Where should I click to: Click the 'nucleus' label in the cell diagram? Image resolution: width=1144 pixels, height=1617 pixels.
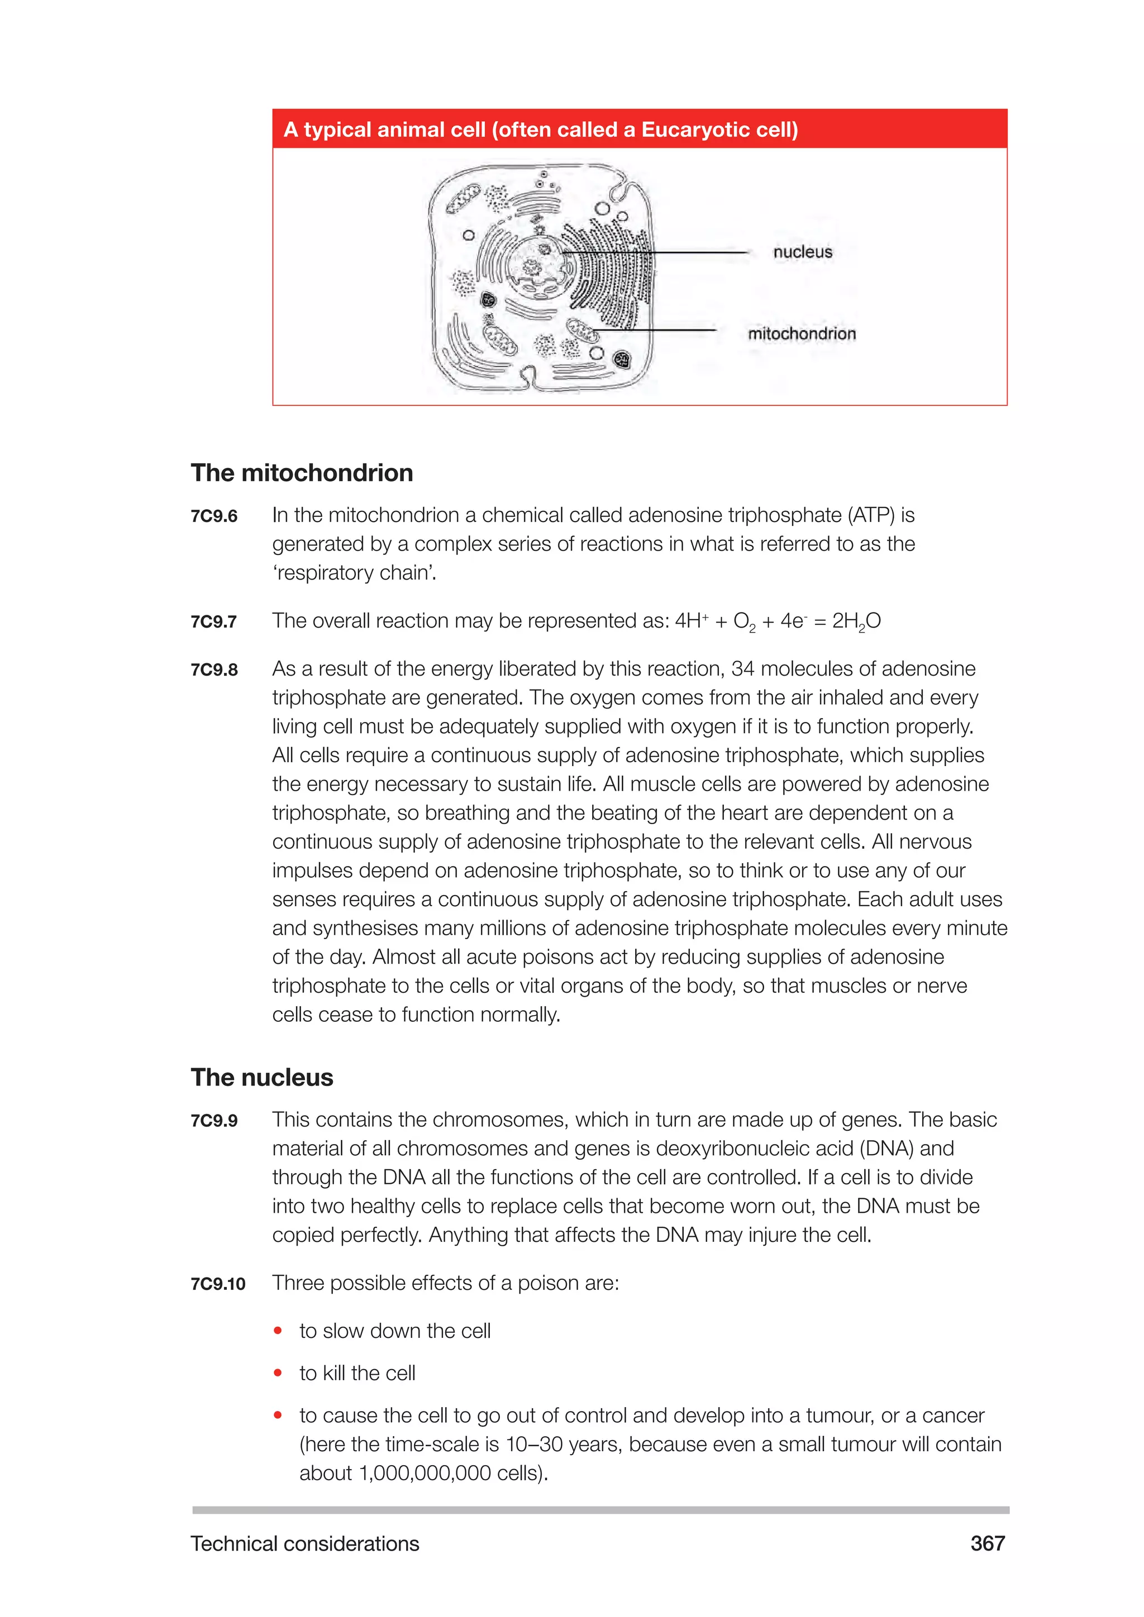click(802, 252)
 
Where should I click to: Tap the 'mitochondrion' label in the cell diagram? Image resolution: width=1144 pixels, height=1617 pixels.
click(802, 334)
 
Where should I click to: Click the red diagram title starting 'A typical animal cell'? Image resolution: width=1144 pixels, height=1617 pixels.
click(540, 130)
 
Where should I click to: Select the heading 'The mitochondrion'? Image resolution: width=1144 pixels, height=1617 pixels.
click(302, 472)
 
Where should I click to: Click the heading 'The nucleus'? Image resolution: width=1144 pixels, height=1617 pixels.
click(261, 1078)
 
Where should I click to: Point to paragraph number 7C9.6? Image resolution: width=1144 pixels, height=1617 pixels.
click(214, 516)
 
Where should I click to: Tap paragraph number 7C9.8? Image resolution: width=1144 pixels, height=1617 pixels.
click(214, 670)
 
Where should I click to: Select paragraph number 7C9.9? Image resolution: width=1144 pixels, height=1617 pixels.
click(214, 1121)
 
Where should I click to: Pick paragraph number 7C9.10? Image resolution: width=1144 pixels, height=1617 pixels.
click(218, 1284)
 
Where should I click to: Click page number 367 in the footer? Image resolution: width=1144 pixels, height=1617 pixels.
click(987, 1544)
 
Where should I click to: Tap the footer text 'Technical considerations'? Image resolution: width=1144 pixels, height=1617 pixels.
click(304, 1544)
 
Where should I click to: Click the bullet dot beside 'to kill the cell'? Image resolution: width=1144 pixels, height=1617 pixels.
click(278, 1372)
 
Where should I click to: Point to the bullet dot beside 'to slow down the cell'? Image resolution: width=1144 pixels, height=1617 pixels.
click(278, 1331)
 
